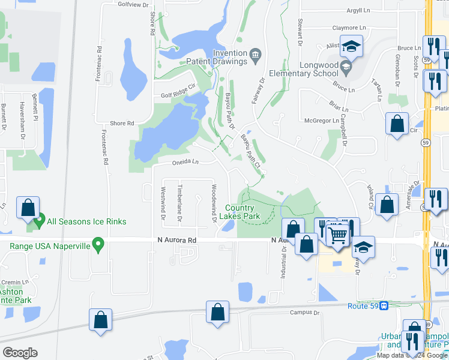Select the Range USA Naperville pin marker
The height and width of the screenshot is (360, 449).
[100, 244]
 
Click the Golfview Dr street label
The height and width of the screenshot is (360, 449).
[133, 5]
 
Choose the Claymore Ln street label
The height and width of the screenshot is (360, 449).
[349, 28]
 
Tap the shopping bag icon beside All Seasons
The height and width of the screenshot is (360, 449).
[28, 208]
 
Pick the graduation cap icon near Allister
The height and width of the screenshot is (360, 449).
[351, 46]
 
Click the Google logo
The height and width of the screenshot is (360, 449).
[20, 353]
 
